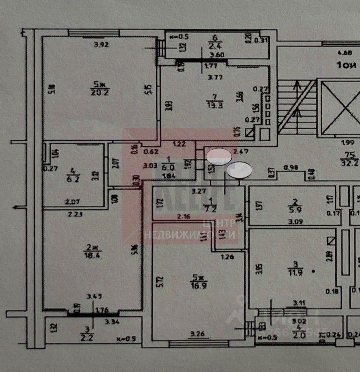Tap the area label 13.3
pyautogui.click(x=215, y=104)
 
